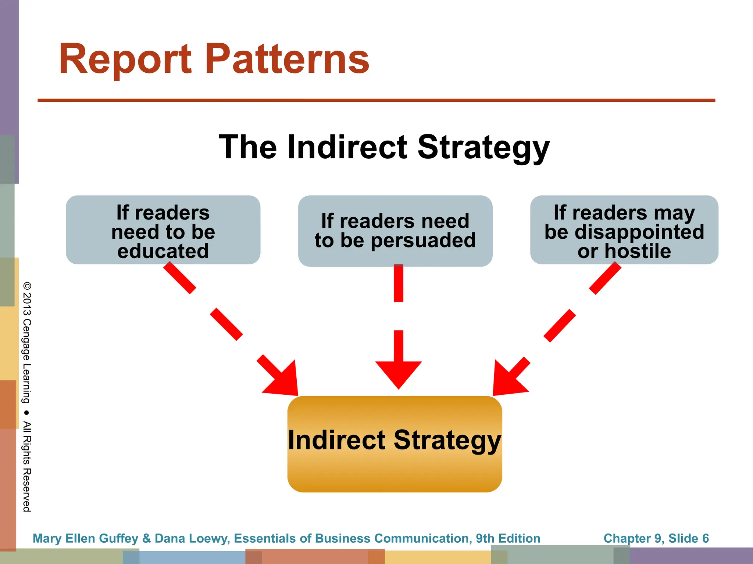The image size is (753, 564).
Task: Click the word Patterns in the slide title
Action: pos(287,59)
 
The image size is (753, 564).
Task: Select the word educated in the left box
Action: pos(163,252)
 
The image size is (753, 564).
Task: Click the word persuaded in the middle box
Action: pos(423,241)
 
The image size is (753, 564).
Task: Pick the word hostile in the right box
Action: pos(638,252)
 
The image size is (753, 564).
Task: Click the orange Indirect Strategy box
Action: pos(395,470)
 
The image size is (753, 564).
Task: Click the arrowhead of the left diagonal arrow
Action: pos(283,380)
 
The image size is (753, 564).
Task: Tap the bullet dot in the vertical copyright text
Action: pos(26,412)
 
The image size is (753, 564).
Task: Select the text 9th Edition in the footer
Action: pos(508,538)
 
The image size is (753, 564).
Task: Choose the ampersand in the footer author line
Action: pos(146,538)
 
